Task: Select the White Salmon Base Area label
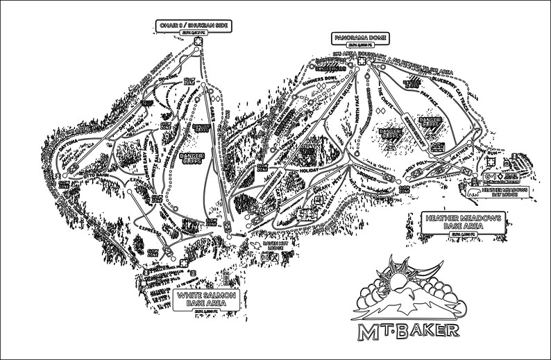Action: (x=206, y=299)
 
